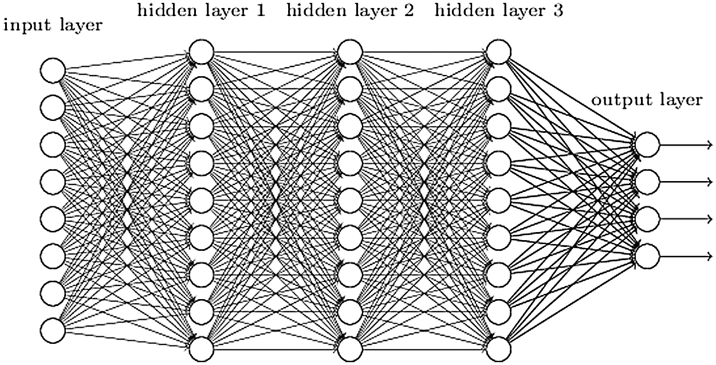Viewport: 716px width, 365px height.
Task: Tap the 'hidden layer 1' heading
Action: click(x=201, y=11)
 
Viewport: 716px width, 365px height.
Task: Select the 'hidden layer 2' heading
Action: click(x=349, y=11)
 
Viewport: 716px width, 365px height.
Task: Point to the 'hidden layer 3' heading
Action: click(x=497, y=11)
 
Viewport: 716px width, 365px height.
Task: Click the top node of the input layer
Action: click(x=53, y=70)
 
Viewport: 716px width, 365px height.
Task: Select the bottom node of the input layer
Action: click(x=53, y=329)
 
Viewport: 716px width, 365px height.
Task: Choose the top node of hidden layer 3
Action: click(x=498, y=52)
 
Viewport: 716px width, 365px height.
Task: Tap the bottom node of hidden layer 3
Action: click(x=498, y=348)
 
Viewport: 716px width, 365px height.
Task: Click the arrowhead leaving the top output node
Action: click(x=710, y=145)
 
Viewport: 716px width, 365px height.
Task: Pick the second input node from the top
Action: click(x=53, y=107)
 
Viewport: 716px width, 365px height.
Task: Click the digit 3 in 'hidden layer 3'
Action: click(x=558, y=11)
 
